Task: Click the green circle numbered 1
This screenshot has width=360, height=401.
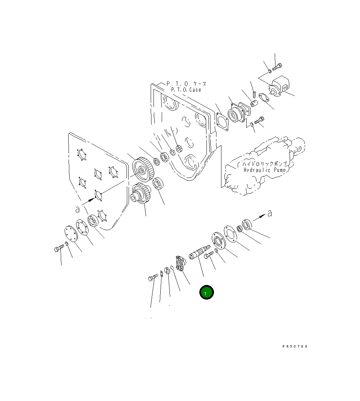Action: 206,292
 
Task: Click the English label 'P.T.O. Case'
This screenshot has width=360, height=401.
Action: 186,90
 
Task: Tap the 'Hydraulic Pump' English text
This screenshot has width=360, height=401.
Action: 264,170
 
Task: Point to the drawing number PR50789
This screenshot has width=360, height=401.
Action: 295,346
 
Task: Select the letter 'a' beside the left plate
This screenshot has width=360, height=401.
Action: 77,210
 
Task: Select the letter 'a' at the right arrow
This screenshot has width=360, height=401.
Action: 269,213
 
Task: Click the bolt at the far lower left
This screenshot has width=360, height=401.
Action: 59,248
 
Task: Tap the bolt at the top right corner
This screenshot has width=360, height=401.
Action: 277,67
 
